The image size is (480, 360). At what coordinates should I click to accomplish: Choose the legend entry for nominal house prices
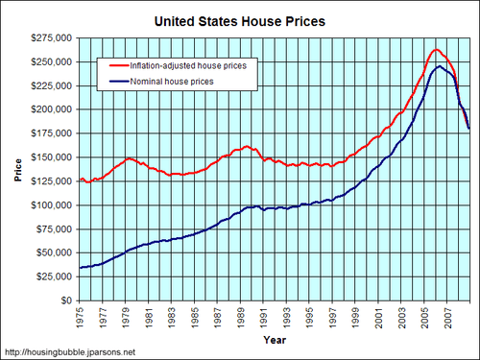(174, 83)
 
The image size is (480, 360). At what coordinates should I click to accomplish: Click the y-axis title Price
(17, 169)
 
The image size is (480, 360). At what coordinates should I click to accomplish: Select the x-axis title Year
(274, 340)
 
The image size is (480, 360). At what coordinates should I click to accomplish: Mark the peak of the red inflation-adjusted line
(436, 50)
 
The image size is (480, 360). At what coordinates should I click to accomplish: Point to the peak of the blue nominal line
(439, 66)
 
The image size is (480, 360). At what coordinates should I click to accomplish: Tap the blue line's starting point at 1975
(80, 268)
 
